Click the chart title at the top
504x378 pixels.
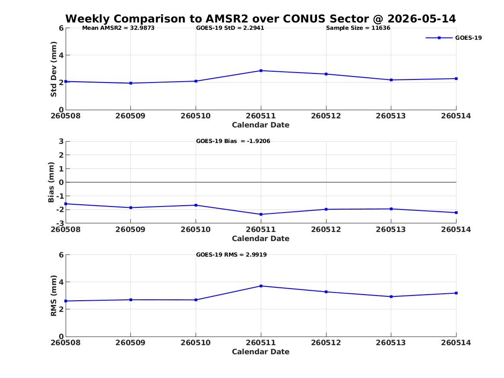261,19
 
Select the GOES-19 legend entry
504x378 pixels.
453,38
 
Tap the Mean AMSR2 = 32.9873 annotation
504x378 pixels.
118,28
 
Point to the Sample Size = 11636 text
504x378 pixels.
358,28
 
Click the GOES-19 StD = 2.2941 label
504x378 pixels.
230,28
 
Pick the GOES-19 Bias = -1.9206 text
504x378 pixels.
233,141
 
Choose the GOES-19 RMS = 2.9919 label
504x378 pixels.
231,254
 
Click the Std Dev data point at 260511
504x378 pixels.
261,71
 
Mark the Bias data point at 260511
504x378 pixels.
261,214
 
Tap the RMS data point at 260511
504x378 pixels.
261,286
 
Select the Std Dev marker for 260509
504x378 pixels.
131,83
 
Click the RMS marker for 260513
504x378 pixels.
391,297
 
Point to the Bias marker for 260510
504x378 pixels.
196,205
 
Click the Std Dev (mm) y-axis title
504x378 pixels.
54,69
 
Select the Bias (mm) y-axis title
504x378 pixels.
51,182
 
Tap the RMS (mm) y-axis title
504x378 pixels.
54,296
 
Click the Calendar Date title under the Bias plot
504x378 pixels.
261,238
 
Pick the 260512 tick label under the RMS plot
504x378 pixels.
326,343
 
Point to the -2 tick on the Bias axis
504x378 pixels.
60,210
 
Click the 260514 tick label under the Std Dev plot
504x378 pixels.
456,116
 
